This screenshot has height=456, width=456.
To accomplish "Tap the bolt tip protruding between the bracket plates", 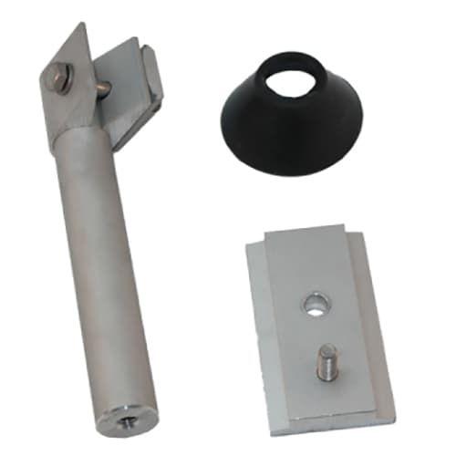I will point(107,88).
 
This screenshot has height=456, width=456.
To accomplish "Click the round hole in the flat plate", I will point(314,303).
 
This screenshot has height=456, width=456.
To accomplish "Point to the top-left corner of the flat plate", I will point(250,244).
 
